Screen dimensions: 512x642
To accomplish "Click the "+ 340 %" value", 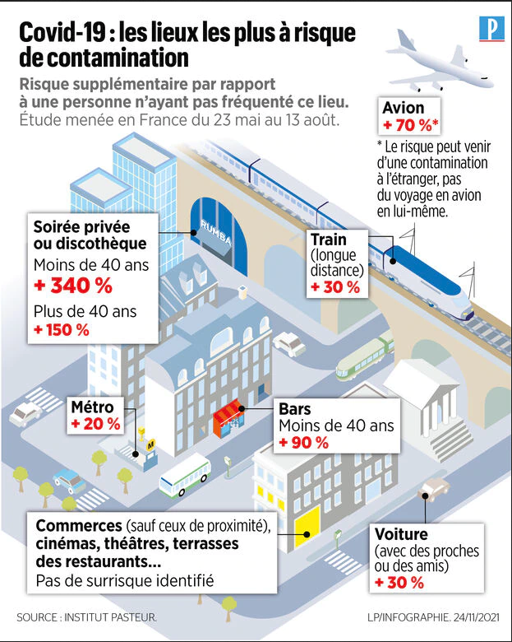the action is coord(73,286).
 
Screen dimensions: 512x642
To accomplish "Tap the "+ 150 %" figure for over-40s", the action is coord(62,330).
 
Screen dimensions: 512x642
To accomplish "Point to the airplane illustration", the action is coord(440,62).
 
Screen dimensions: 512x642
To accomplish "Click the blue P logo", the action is coord(491,29).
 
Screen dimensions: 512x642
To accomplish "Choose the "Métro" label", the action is coord(92,407).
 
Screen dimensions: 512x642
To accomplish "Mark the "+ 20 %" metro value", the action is coord(95,424).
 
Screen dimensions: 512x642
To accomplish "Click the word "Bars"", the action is coord(295,409).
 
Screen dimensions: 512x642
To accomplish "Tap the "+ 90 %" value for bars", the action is coord(304,443).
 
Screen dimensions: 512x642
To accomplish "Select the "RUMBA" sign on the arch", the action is coord(215,232).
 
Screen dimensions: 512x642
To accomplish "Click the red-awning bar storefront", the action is coord(228,418).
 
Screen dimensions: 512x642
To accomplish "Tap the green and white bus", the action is coord(185,475).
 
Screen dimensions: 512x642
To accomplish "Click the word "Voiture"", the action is coord(401,534).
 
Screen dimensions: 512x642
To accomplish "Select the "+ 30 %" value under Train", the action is coord(335,287).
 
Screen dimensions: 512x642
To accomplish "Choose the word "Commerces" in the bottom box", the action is coord(79,526).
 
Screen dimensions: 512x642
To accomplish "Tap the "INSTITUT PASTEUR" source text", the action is coord(110,617).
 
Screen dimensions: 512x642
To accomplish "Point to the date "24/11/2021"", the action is coord(477,617).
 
